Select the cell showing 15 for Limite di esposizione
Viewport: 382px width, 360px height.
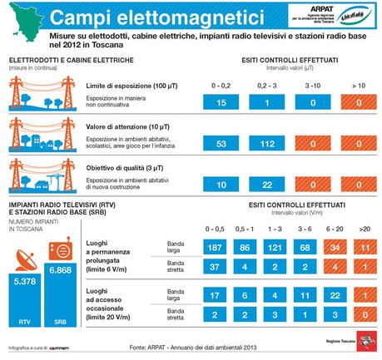(x=221, y=101)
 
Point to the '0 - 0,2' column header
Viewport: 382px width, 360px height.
(x=221, y=86)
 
